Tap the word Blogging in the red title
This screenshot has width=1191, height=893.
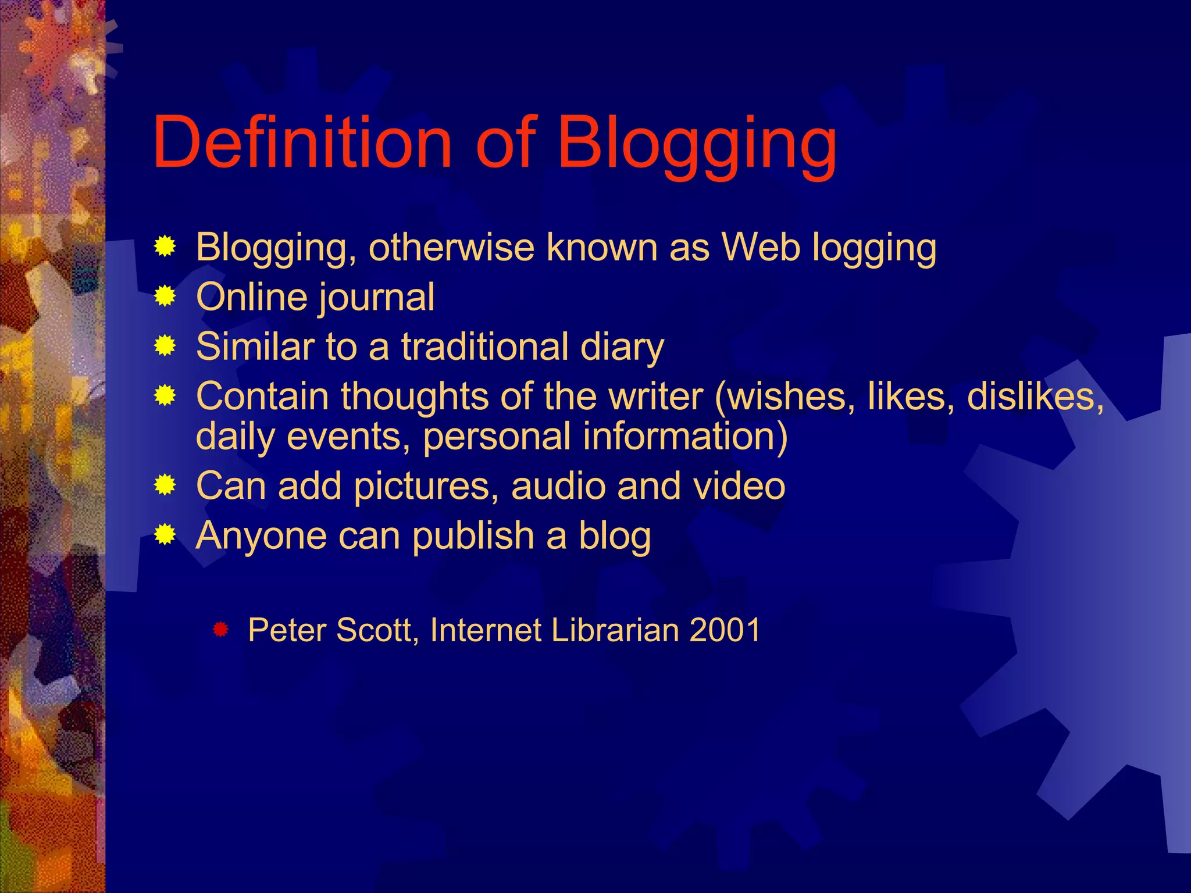click(x=697, y=145)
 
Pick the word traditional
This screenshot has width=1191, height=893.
click(x=484, y=347)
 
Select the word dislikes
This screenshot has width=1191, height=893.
click(x=1035, y=397)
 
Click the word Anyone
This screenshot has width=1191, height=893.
click(x=261, y=536)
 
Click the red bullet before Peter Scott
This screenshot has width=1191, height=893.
click(x=220, y=629)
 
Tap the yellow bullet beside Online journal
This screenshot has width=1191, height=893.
click(x=165, y=297)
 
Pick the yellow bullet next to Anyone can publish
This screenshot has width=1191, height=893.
click(x=165, y=535)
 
